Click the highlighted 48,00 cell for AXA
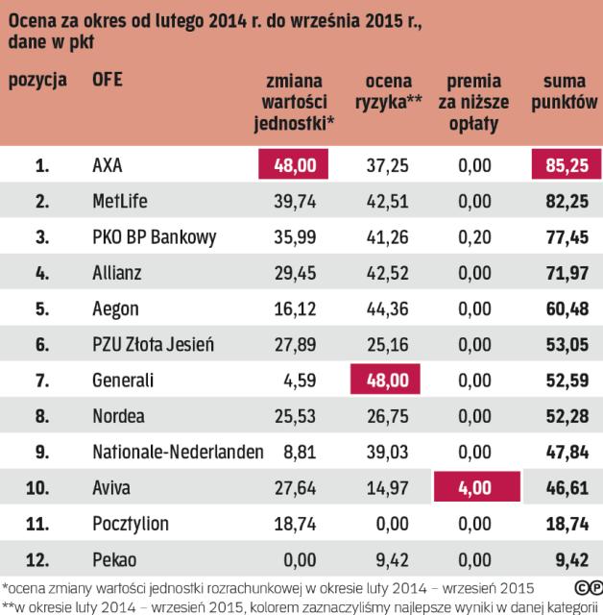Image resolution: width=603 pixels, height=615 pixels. click(x=293, y=166)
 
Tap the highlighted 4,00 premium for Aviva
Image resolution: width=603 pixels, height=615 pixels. click(x=474, y=489)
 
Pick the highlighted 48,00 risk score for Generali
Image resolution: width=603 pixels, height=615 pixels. click(x=384, y=381)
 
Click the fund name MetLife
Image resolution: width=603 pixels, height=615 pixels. click(x=123, y=202)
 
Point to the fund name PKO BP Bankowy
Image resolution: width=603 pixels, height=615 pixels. click(x=154, y=237)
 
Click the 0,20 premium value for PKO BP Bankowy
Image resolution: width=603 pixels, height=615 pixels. click(x=474, y=237)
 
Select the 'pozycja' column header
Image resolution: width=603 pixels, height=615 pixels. click(x=38, y=81)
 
